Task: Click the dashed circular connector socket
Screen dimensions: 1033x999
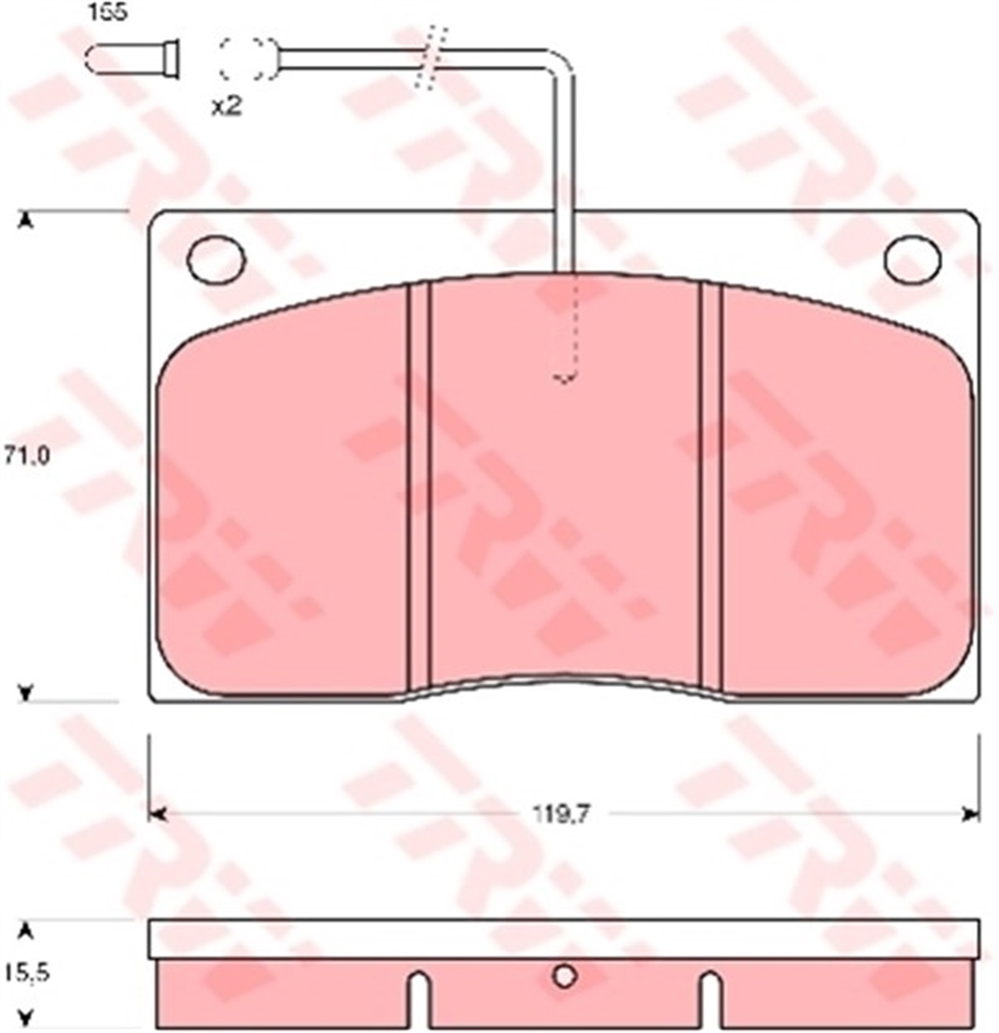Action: [246, 59]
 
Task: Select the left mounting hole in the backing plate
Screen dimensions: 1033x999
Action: [216, 259]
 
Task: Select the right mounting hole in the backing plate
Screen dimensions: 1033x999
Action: [912, 259]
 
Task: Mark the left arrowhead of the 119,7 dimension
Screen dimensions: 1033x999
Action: [158, 813]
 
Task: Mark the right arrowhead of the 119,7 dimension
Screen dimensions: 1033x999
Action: [967, 813]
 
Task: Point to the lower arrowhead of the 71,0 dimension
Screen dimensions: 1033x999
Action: [27, 692]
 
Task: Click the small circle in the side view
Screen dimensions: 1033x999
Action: [564, 976]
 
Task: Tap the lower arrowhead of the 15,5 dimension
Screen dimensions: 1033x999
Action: [27, 1016]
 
